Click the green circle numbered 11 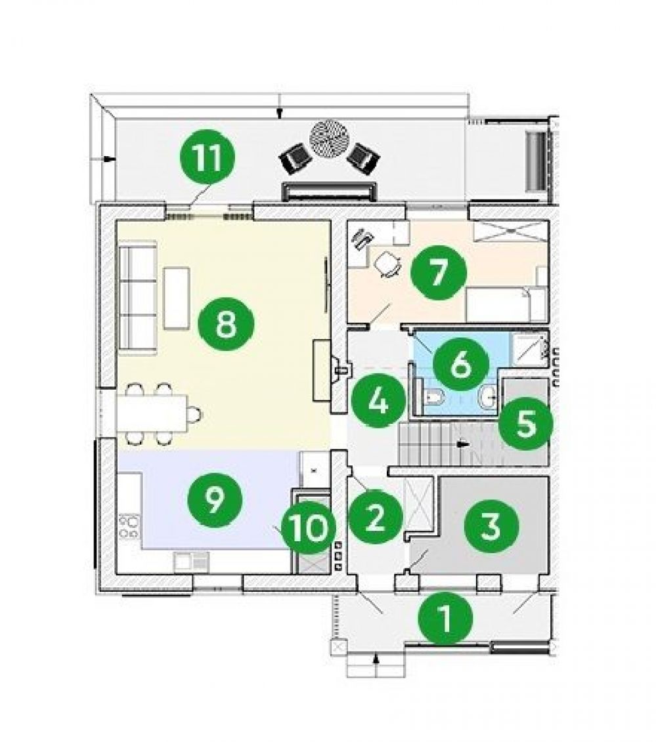pyautogui.click(x=208, y=158)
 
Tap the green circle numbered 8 pyautogui.click(x=226, y=324)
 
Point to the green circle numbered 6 pyautogui.click(x=460, y=364)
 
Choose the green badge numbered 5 pyautogui.click(x=525, y=423)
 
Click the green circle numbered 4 pyautogui.click(x=378, y=400)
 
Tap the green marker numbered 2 pyautogui.click(x=375, y=517)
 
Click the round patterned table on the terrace pyautogui.click(x=330, y=138)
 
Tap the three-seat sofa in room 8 pyautogui.click(x=138, y=298)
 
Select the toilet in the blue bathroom pyautogui.click(x=433, y=397)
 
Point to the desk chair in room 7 pyautogui.click(x=388, y=264)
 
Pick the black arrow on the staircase pyautogui.click(x=463, y=444)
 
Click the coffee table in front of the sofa pyautogui.click(x=177, y=298)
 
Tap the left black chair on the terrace pyautogui.click(x=295, y=159)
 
